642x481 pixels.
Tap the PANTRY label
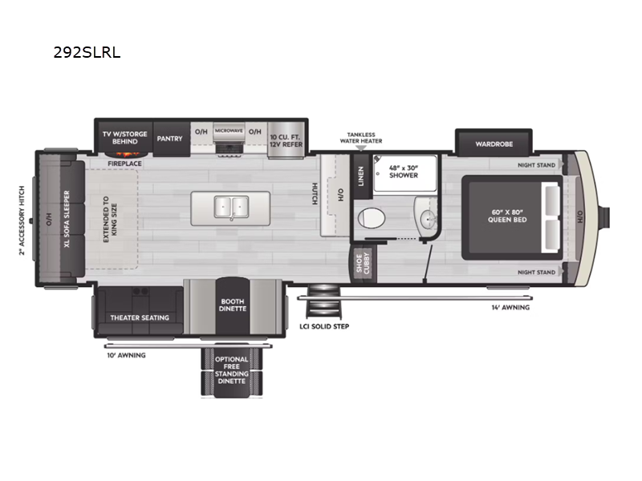169,138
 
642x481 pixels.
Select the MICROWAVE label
229,130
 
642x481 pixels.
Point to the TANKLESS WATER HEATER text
360,138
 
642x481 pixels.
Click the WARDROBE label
494,144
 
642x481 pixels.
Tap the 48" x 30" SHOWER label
404,172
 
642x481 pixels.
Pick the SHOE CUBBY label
363,265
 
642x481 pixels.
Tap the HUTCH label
315,195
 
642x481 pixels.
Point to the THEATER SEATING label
140,317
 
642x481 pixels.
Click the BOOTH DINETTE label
233,305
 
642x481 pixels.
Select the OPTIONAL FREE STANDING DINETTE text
232,372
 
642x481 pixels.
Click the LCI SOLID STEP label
325,326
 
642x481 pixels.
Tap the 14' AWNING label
510,307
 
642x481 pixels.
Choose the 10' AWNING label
126,354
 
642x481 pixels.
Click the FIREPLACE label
125,164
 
